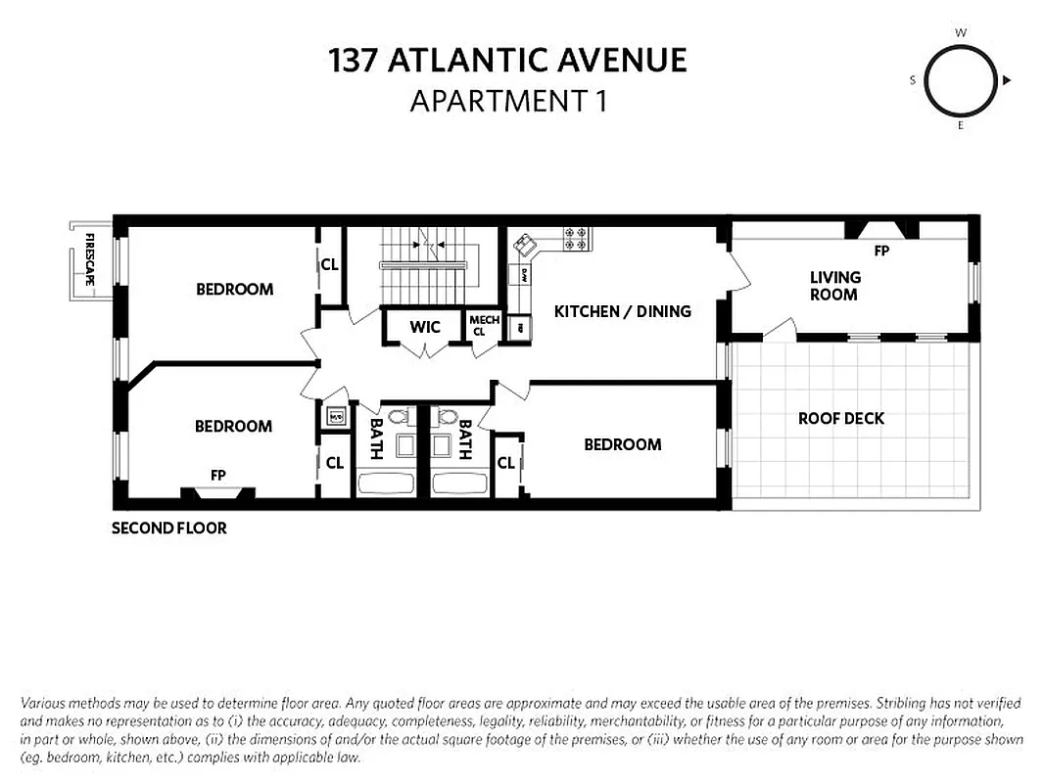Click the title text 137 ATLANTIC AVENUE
[x=508, y=61]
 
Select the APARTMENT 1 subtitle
[x=508, y=100]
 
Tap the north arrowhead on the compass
[x=1007, y=80]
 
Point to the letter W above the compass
[x=961, y=32]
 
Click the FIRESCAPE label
[x=89, y=259]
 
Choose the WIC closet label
[x=425, y=327]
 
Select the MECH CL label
[x=484, y=326]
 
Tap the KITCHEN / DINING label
[x=622, y=311]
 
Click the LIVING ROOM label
[x=834, y=286]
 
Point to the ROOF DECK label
[x=840, y=418]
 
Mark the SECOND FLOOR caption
[x=168, y=529]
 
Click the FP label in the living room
[x=881, y=251]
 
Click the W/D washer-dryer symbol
[x=335, y=416]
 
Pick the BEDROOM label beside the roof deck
[x=622, y=444]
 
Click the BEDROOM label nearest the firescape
[x=234, y=289]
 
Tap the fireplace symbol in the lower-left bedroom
[x=218, y=493]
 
